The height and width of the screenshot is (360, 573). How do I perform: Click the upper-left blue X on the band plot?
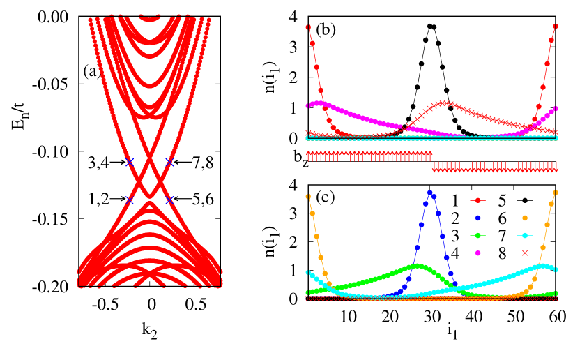pyautogui.click(x=129, y=162)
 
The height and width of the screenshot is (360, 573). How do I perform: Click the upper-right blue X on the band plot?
pyautogui.click(x=169, y=162)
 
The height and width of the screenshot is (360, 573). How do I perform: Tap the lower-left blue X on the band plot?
pyautogui.click(x=129, y=200)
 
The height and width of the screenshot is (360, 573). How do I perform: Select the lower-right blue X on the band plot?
pyautogui.click(x=169, y=200)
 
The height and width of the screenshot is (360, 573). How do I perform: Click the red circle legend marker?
pyautogui.click(x=477, y=200)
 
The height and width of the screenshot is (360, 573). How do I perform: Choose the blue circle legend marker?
pyautogui.click(x=477, y=218)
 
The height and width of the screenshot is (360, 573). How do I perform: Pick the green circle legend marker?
pyautogui.click(x=477, y=236)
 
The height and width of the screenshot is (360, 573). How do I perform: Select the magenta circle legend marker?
pyautogui.click(x=477, y=253)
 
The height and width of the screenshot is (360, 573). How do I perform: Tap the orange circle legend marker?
pyautogui.click(x=525, y=218)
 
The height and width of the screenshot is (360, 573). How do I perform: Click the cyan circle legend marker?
pyautogui.click(x=525, y=236)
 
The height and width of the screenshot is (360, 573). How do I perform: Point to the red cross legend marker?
pyautogui.click(x=525, y=253)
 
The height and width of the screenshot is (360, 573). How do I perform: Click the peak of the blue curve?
pyautogui.click(x=430, y=192)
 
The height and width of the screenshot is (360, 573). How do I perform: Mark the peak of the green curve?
pyautogui.click(x=418, y=266)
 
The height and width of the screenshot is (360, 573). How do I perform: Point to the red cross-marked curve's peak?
pyautogui.click(x=443, y=103)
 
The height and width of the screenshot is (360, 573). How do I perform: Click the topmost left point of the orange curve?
pyautogui.click(x=307, y=196)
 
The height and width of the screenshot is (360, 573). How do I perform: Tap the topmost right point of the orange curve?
pyautogui.click(x=556, y=193)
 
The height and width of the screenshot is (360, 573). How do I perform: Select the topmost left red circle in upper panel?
pyautogui.click(x=308, y=27)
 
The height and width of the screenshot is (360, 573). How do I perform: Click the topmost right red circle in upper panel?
pyautogui.click(x=556, y=27)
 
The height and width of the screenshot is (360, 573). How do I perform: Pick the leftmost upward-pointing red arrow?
pyautogui.click(x=308, y=156)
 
